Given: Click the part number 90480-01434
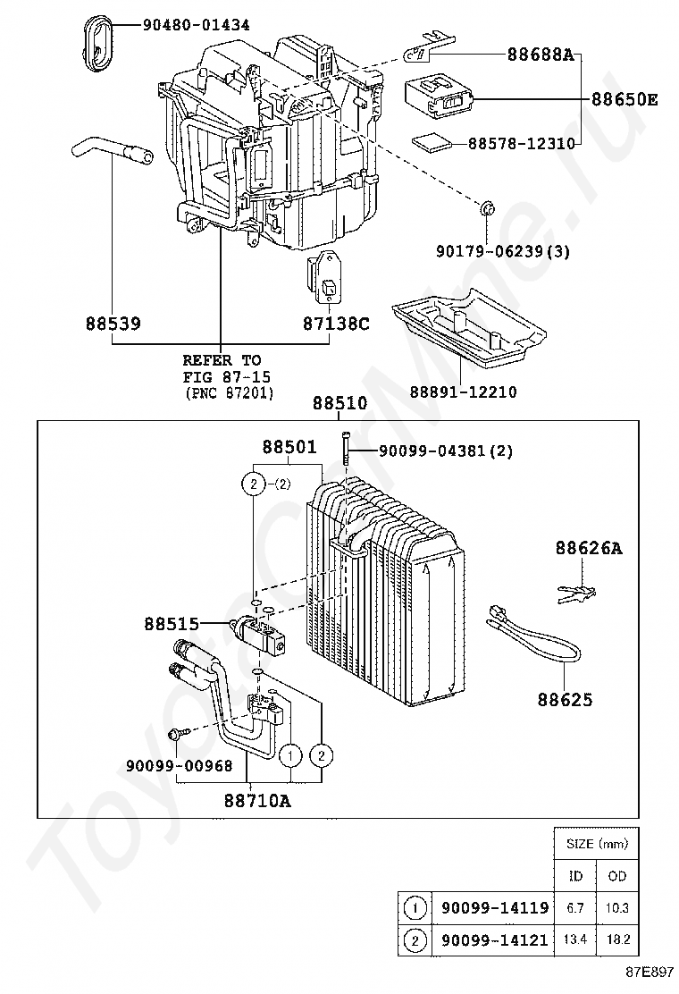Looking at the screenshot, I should [197, 25].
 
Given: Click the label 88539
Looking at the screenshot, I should [113, 323].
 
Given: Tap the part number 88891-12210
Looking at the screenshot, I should [463, 392].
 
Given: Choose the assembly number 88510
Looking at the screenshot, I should [339, 404].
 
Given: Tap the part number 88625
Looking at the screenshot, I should [565, 699].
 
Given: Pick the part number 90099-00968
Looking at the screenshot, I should [179, 765].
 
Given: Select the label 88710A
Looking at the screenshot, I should [257, 801].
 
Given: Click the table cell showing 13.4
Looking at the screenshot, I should [574, 939].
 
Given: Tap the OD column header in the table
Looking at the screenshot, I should [617, 876].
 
